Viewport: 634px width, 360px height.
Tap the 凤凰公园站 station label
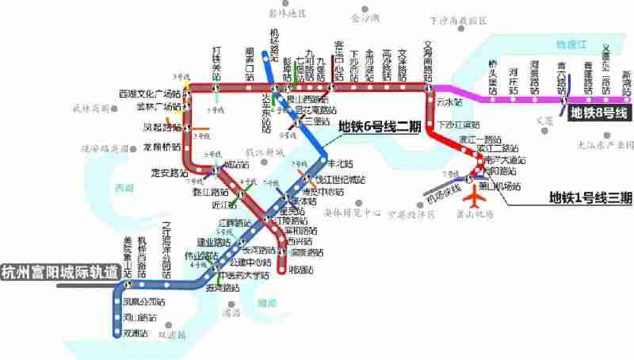[x=145, y=302]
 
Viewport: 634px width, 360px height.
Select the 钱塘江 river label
[x=568, y=46]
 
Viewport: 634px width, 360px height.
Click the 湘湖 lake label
[x=267, y=303]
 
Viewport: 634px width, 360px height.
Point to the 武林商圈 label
[x=90, y=109]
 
